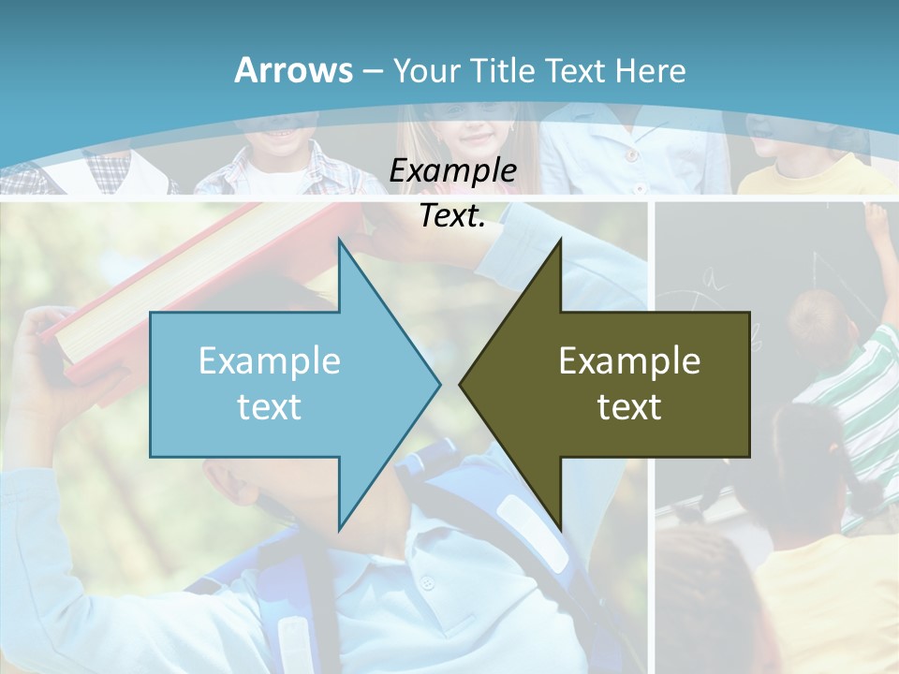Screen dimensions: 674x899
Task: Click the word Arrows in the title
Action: coord(293,70)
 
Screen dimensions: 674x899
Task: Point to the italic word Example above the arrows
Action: coord(452,171)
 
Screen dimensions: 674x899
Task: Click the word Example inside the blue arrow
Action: coord(270,360)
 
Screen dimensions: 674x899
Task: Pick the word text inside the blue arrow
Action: coord(270,406)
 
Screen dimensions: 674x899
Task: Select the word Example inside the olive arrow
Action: coord(629,360)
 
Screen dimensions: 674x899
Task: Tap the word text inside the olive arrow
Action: coord(629,406)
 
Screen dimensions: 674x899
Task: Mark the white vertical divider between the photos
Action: coord(651,562)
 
